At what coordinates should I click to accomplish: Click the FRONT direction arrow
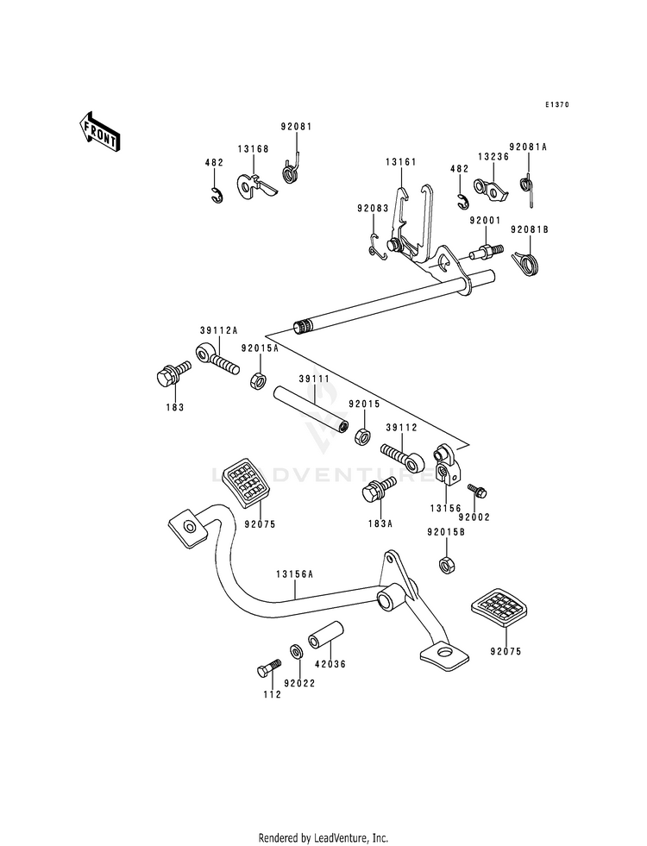click(x=100, y=132)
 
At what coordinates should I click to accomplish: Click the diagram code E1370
click(x=556, y=104)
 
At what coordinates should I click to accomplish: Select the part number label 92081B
click(x=530, y=230)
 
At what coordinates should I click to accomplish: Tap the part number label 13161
click(x=401, y=162)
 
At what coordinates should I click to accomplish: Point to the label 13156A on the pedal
click(x=295, y=574)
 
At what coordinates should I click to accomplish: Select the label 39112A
click(x=218, y=331)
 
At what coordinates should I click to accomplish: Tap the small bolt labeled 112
click(x=269, y=667)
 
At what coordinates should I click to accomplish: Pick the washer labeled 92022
click(x=296, y=651)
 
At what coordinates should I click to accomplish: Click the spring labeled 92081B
click(x=525, y=263)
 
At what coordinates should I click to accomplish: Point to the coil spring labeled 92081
click(x=292, y=169)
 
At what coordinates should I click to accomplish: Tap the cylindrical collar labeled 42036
click(x=325, y=635)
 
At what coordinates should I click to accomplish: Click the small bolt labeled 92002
click(x=477, y=489)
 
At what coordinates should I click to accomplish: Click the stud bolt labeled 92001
click(x=487, y=252)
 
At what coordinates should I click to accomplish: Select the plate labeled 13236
click(x=491, y=190)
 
